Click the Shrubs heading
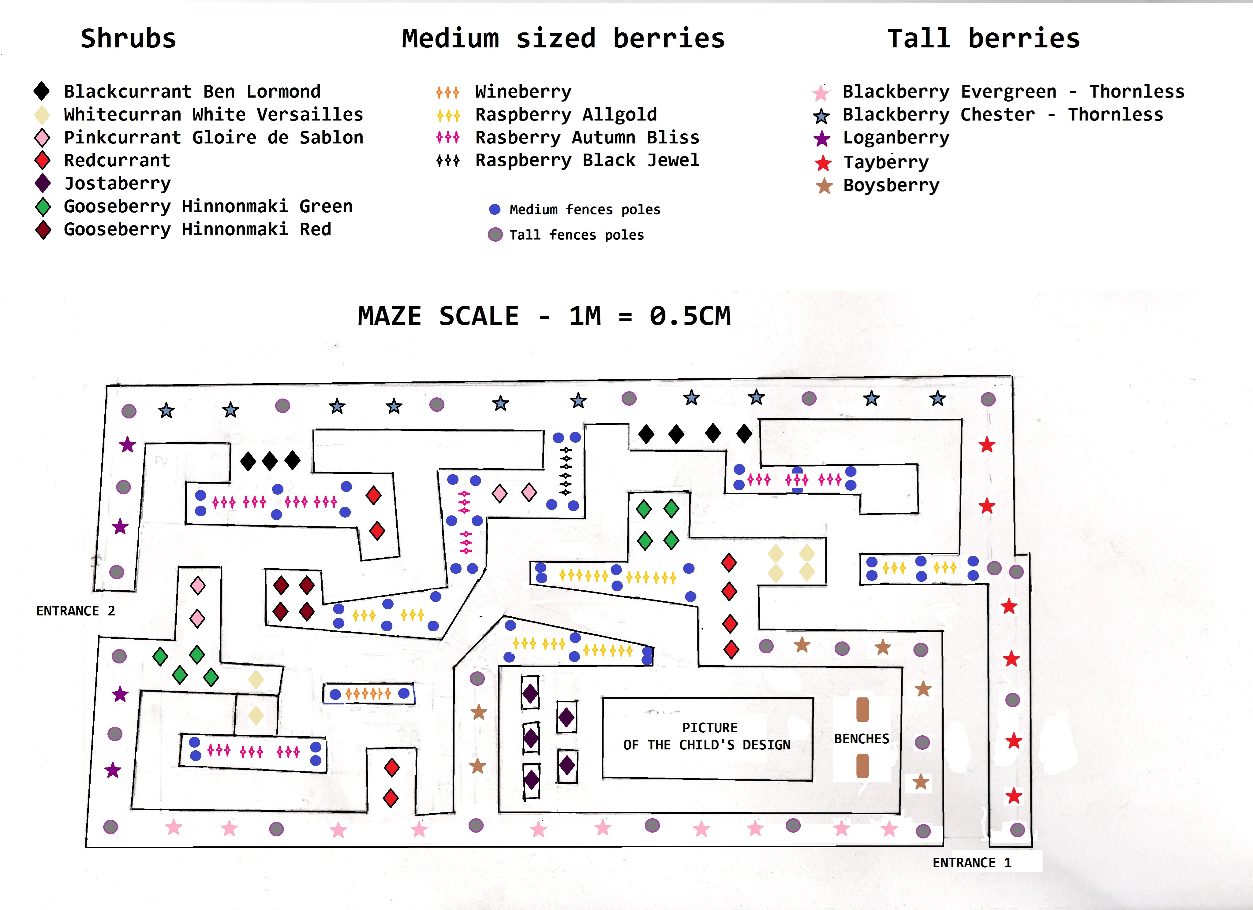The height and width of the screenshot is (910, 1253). tap(128, 39)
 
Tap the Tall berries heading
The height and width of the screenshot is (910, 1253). tap(983, 39)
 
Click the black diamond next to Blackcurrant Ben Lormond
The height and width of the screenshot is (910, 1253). tap(42, 91)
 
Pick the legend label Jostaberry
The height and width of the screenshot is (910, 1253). tap(117, 183)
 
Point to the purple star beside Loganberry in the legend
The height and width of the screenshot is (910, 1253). tap(822, 139)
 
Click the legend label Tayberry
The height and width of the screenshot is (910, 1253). tap(886, 162)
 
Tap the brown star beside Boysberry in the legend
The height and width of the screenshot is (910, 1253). tap(824, 186)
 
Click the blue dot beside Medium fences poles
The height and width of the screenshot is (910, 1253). tap(495, 209)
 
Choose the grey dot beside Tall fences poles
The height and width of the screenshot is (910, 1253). tap(495, 235)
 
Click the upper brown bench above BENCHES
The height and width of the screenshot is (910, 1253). tap(862, 710)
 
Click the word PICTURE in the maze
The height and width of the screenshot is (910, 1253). tap(709, 728)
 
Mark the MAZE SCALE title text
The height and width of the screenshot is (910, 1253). tap(544, 316)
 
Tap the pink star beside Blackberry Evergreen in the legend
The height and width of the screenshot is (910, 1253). tap(821, 93)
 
